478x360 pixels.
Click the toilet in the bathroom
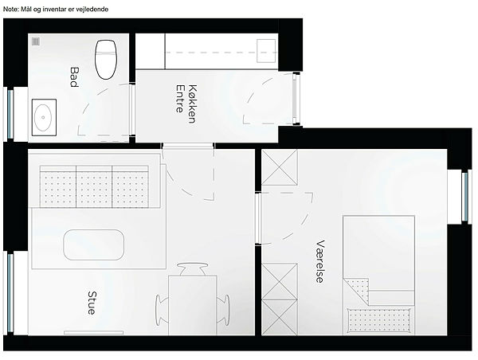pyautogui.click(x=106, y=60)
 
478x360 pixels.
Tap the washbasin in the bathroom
pyautogui.click(x=44, y=117)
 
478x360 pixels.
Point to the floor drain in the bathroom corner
pyautogui.click(x=36, y=41)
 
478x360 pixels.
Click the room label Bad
pyautogui.click(x=74, y=77)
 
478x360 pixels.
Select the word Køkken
pyautogui.click(x=192, y=104)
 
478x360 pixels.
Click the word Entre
pyautogui.click(x=180, y=99)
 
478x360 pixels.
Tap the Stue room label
pyautogui.click(x=92, y=303)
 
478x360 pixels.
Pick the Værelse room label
pyautogui.click(x=320, y=261)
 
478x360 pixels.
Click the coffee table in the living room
pyautogui.click(x=94, y=245)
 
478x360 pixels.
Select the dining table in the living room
pyautogui.click(x=193, y=305)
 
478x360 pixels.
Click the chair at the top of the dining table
pyautogui.click(x=193, y=269)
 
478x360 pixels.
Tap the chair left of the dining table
pyautogui.click(x=163, y=310)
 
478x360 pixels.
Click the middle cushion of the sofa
pyautogui.click(x=94, y=187)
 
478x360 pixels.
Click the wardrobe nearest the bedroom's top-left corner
pyautogui.click(x=280, y=167)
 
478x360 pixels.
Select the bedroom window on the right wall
pyautogui.click(x=465, y=197)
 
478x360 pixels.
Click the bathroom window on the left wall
pyautogui.click(x=10, y=114)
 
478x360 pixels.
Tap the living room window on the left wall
pyautogui.click(x=10, y=293)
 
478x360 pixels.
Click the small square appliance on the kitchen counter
pyautogui.click(x=266, y=51)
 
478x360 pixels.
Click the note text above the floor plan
pyautogui.click(x=56, y=10)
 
